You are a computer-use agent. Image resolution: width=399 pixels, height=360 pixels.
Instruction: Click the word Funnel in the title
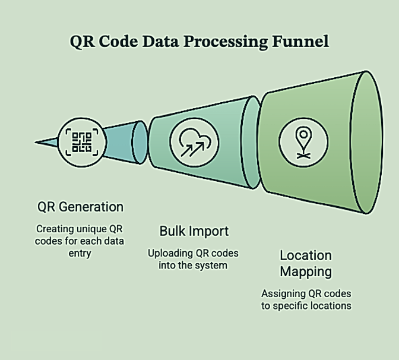pos(300,41)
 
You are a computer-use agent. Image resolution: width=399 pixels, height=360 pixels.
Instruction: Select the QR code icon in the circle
pos(82,142)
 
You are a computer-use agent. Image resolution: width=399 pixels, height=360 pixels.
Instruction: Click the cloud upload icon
pos(194,142)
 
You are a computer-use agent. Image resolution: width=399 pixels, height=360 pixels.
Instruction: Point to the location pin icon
pos(303,142)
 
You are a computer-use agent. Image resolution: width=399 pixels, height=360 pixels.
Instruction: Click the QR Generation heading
pos(80,207)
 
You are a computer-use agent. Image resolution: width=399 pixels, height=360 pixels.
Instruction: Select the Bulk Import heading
pos(194,231)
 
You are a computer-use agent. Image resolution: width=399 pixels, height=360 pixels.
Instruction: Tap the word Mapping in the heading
pos(306,272)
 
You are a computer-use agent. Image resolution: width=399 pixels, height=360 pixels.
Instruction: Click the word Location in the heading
pos(306,255)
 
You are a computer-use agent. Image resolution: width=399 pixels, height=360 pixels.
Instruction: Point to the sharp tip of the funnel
pos(35,143)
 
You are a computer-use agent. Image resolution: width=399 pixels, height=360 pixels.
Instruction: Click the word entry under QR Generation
pos(80,253)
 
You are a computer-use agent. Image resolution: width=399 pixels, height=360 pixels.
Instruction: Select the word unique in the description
pos(91,229)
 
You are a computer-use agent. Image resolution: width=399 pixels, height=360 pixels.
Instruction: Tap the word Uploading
pos(170,253)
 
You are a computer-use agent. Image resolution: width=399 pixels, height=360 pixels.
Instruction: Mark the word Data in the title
pos(161,41)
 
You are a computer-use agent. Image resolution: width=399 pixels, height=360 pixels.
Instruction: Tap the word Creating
pos(55,229)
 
